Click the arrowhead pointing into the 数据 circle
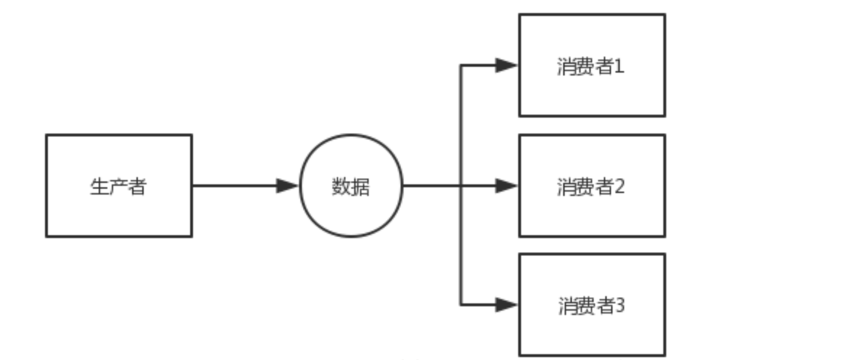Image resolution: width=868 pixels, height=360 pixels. (x=288, y=186)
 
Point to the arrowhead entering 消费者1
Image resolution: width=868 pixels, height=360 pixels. (x=507, y=66)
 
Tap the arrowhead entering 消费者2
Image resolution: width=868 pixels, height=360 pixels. (x=507, y=186)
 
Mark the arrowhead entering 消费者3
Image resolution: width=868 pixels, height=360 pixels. (x=507, y=304)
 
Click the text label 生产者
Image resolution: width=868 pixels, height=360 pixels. (x=118, y=187)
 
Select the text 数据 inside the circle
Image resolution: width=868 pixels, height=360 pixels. (x=351, y=187)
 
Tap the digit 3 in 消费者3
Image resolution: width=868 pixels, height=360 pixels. (x=620, y=306)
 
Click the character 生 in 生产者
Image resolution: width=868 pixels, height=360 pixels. (x=99, y=187)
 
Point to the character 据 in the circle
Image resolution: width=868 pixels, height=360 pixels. (x=361, y=187)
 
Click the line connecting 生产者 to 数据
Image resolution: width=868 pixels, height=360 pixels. (x=232, y=186)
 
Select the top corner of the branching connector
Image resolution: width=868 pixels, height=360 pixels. (x=461, y=66)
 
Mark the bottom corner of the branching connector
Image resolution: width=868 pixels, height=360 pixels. (x=461, y=304)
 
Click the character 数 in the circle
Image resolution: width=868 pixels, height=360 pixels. (x=342, y=187)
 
